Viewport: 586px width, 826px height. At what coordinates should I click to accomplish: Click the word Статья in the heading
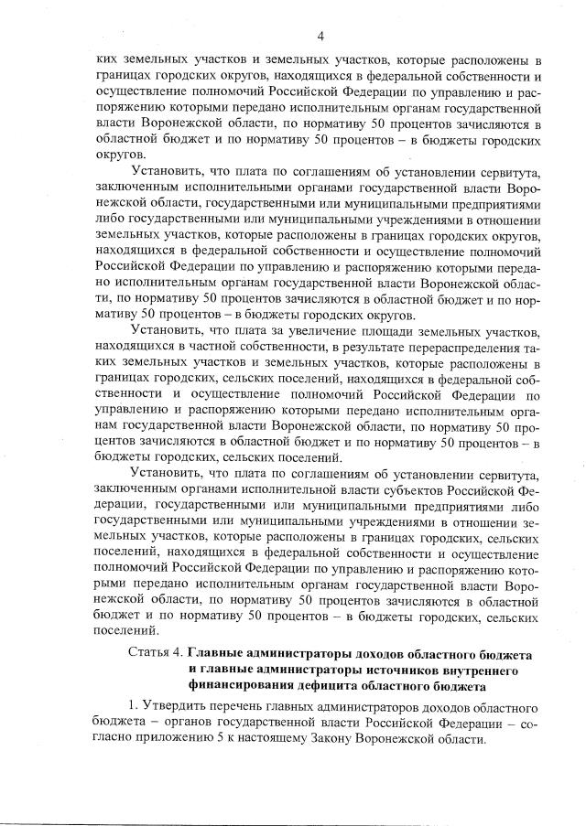point(154,655)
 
